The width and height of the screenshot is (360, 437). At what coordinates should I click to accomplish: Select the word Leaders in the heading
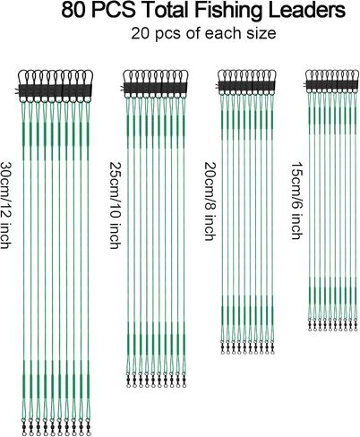[x=307, y=10]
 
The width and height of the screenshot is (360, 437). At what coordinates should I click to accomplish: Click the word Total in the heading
[x=167, y=10]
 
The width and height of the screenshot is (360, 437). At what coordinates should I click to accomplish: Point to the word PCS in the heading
[x=114, y=10]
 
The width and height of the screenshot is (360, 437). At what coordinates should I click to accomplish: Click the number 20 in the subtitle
[x=140, y=33]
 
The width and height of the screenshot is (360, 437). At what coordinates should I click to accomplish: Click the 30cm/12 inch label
[x=6, y=205]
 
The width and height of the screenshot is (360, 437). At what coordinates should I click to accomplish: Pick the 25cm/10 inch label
[x=115, y=205]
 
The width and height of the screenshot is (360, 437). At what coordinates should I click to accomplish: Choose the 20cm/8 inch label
[x=210, y=201]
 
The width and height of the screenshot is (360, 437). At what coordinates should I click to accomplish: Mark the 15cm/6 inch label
[x=297, y=201]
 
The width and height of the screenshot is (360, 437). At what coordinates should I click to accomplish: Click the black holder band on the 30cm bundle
[x=56, y=90]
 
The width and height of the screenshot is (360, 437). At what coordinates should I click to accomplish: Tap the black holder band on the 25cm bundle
[x=156, y=88]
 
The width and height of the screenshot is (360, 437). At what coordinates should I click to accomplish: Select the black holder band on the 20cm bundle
[x=247, y=86]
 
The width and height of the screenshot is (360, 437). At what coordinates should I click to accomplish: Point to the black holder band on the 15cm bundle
[x=332, y=84]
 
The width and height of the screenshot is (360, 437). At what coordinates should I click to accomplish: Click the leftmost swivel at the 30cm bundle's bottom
[x=24, y=427]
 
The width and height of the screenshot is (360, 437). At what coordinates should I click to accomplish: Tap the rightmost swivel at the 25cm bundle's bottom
[x=184, y=380]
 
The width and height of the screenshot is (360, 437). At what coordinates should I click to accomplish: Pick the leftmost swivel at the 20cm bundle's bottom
[x=223, y=347]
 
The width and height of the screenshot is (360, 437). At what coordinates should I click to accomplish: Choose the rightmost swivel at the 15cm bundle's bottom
[x=356, y=325]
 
